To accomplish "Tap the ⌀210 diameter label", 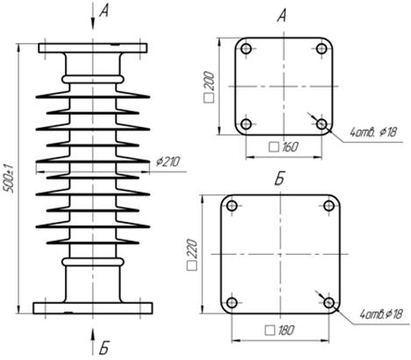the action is [x=168, y=161].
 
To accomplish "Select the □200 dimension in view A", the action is [x=209, y=87].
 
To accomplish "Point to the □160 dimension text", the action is [x=283, y=147].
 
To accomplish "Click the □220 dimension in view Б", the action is [x=192, y=254].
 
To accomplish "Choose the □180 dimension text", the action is [x=280, y=330].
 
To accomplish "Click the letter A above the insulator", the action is [x=103, y=12].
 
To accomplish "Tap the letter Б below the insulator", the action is [x=103, y=348].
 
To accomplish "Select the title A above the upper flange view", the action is [x=281, y=16].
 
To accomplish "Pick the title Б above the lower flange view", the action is [x=280, y=180].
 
